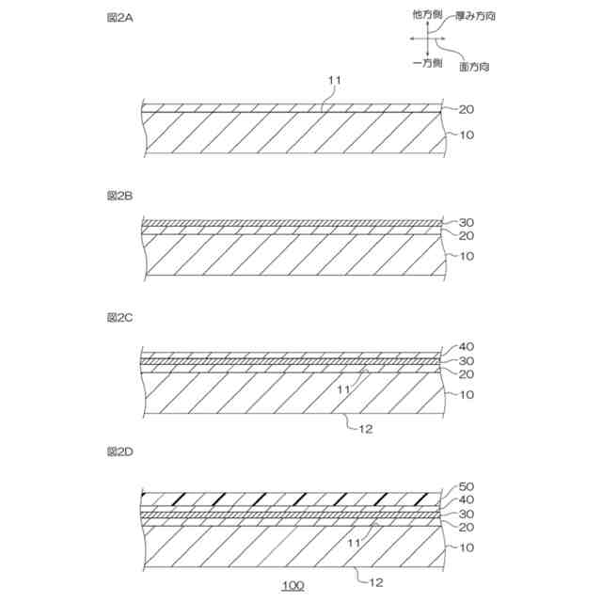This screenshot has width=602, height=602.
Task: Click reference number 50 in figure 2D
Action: (465, 486)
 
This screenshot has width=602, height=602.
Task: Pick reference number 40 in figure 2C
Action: (465, 346)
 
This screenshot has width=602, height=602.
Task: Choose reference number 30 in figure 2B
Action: (465, 223)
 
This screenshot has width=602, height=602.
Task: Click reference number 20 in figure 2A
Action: (465, 109)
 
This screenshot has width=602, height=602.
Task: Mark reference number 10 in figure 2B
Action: (465, 255)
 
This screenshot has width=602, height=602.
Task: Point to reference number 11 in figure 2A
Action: (334, 83)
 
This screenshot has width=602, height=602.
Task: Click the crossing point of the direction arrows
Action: (428, 38)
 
